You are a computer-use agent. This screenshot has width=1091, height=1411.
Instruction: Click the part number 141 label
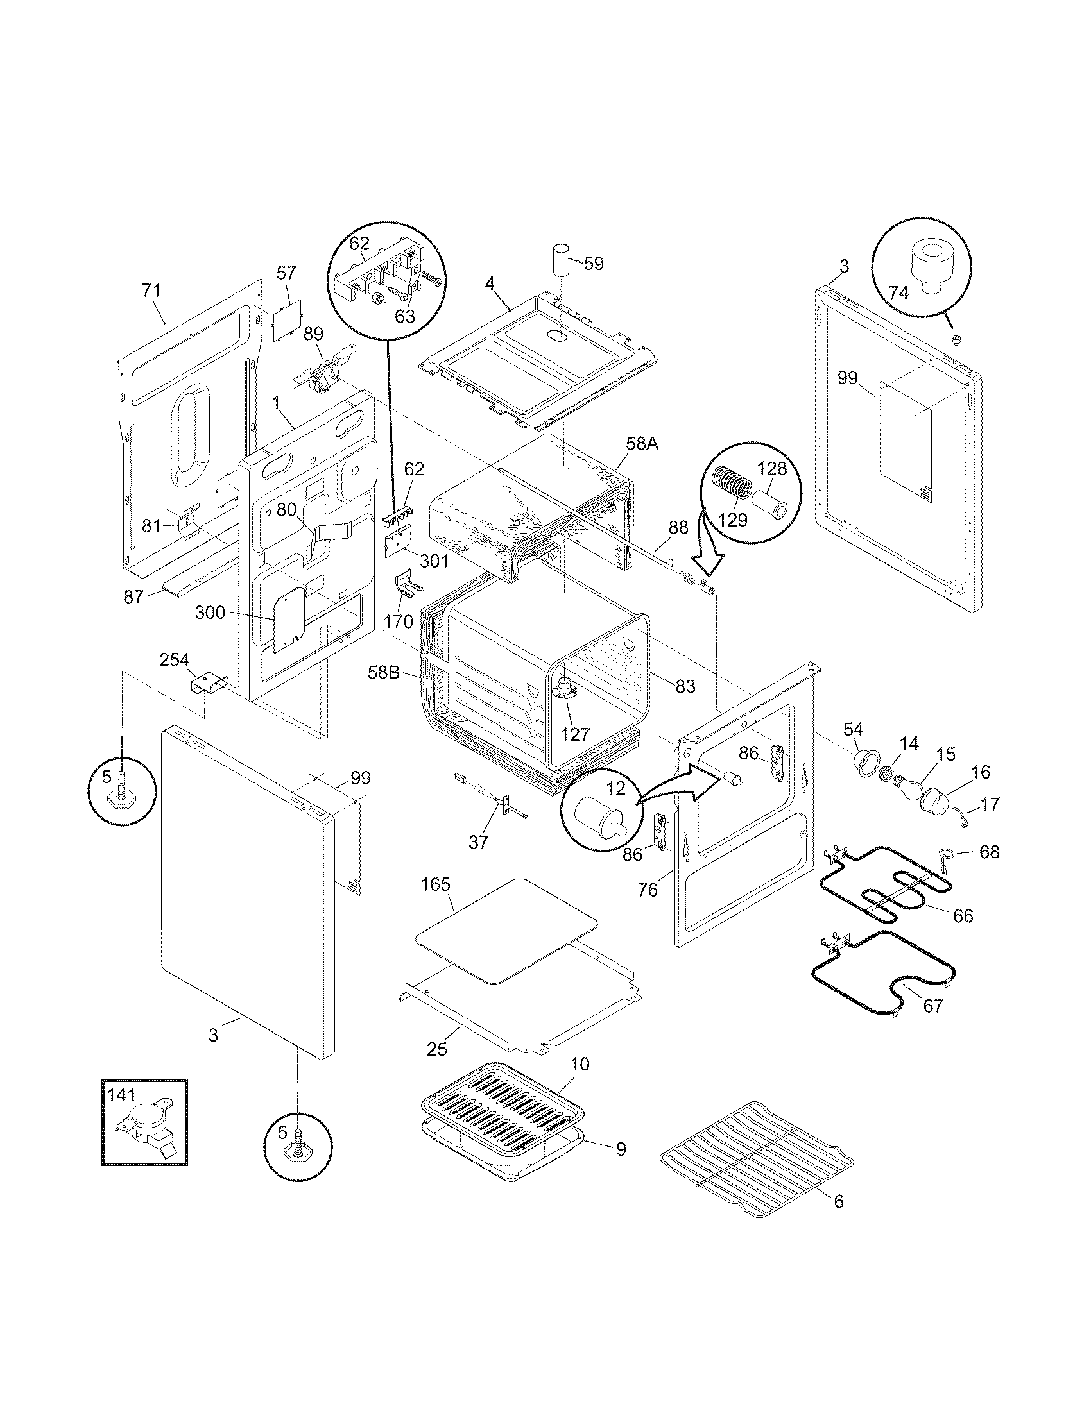(121, 1094)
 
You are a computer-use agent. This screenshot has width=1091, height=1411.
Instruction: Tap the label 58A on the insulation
(643, 444)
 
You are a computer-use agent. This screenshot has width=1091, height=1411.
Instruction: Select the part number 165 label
(436, 884)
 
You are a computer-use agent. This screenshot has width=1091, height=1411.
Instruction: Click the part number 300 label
(210, 612)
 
